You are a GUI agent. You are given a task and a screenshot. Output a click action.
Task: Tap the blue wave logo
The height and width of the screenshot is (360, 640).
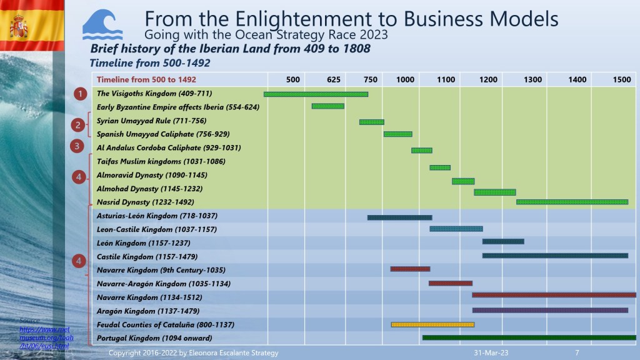coord(102,26)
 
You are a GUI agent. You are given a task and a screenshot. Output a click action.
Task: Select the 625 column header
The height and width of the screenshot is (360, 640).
coord(334,79)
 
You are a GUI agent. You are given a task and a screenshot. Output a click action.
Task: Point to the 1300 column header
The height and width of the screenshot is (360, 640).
coord(533,79)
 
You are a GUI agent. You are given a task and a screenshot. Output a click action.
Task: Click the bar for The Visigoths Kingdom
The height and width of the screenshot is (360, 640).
coord(316,94)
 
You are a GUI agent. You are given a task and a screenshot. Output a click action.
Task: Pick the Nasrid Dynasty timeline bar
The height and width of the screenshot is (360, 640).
coord(572,202)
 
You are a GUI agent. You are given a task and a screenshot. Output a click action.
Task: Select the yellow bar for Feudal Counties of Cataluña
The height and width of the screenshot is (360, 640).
coord(432,324)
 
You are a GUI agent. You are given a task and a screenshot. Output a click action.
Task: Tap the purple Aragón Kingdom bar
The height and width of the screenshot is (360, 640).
coord(550,310)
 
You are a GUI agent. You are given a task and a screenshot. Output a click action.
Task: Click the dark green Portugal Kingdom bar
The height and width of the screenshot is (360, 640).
coord(529,337)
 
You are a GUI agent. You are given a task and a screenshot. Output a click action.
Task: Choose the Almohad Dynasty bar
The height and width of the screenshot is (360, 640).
coord(494,192)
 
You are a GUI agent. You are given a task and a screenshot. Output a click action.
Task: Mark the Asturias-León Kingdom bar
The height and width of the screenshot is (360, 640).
coord(399,217)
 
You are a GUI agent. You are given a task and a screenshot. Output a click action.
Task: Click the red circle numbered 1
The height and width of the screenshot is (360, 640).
coord(80,94)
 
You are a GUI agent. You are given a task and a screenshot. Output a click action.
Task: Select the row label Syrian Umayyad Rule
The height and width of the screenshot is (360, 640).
coord(151,121)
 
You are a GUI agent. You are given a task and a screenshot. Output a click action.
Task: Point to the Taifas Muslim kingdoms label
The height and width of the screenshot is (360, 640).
coord(157,162)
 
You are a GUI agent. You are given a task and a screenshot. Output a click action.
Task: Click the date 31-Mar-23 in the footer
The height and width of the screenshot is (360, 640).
coord(491,353)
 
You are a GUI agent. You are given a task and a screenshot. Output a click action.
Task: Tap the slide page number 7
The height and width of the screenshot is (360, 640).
coord(577,353)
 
